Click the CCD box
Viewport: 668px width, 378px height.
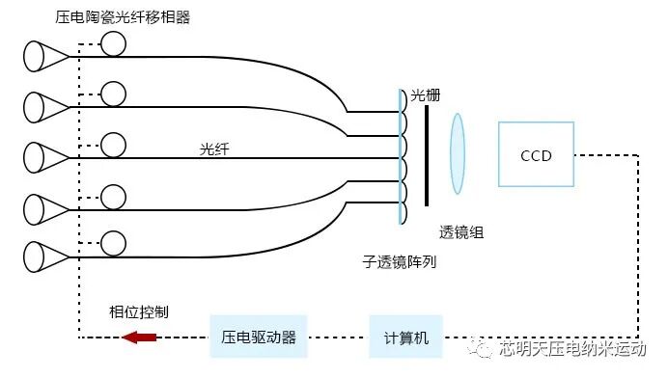tap(536, 154)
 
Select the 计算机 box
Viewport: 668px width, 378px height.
tap(405, 337)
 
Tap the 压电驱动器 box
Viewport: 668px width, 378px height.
tap(259, 337)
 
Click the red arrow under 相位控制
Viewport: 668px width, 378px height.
tap(138, 337)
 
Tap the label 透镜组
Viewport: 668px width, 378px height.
tap(461, 232)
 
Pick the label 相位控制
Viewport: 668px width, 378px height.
tap(140, 311)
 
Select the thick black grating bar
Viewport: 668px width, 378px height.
tap(426, 154)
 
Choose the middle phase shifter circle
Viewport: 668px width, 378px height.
tap(114, 145)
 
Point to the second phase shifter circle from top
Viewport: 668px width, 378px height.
tap(114, 94)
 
